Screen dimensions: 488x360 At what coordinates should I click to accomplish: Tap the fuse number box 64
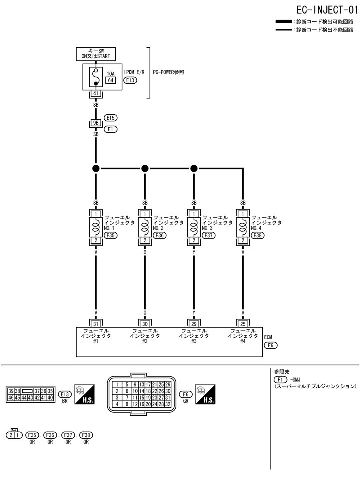(111, 80)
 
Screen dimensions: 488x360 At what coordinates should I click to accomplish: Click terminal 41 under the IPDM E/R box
(96, 93)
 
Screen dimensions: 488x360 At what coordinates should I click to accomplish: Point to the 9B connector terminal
(96, 122)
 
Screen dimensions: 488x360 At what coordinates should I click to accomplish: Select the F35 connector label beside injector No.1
(111, 234)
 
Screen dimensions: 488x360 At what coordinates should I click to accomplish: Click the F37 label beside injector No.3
(209, 234)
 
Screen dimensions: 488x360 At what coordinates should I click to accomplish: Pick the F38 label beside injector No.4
(258, 234)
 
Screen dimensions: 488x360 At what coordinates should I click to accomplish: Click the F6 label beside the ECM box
(270, 345)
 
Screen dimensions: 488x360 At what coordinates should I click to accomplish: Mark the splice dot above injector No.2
(145, 168)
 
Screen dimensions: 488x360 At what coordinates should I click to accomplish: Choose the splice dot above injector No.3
(194, 168)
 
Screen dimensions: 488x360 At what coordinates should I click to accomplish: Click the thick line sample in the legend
(284, 22)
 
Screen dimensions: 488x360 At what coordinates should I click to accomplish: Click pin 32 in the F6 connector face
(168, 403)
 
